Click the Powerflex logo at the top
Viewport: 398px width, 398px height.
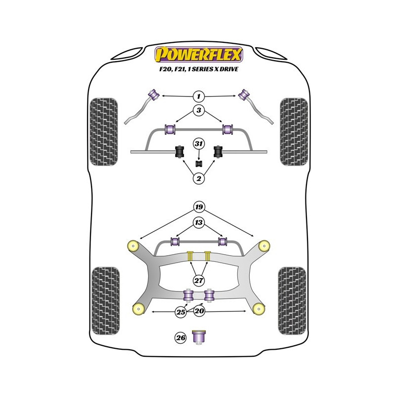click(199, 53)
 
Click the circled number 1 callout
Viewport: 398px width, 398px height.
click(199, 96)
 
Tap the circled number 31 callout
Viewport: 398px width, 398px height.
click(199, 144)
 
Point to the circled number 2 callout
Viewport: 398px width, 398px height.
click(199, 179)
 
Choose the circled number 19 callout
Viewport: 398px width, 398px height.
click(199, 206)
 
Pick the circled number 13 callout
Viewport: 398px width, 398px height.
click(199, 222)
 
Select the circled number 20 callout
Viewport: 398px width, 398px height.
click(199, 312)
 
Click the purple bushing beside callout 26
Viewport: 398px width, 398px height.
click(200, 337)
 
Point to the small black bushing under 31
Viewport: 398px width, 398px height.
click(199, 163)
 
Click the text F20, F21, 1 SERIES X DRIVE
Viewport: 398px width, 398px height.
click(199, 70)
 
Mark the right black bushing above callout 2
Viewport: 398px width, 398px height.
click(218, 151)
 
